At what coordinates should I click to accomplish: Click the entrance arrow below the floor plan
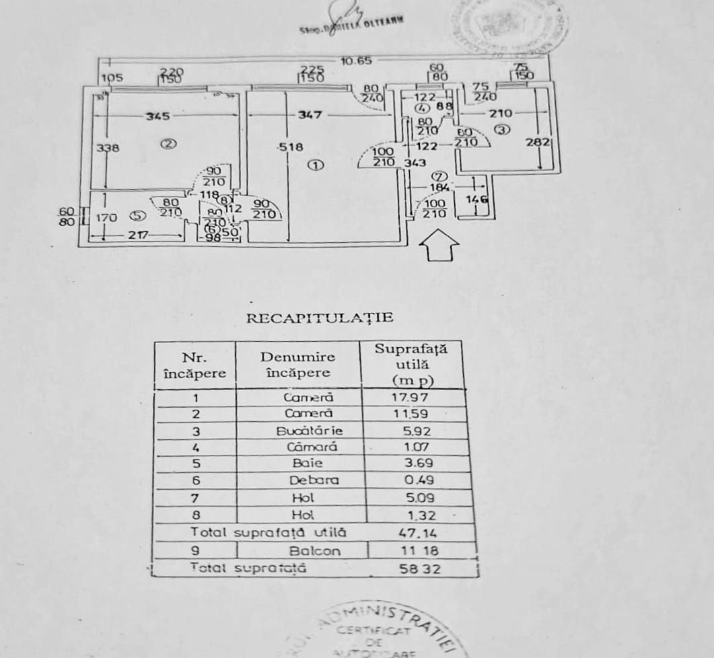(x=439, y=246)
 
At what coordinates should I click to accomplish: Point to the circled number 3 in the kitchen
(x=503, y=130)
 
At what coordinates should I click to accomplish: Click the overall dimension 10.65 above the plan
(x=356, y=61)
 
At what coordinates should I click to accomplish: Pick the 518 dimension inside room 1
(x=293, y=147)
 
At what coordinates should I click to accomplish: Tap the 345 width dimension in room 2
(x=157, y=116)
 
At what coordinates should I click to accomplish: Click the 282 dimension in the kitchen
(x=542, y=142)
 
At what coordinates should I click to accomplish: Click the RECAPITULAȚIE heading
(x=319, y=318)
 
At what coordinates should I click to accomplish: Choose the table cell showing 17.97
(x=410, y=397)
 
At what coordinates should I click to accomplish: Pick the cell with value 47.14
(x=416, y=533)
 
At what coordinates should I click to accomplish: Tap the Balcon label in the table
(x=314, y=550)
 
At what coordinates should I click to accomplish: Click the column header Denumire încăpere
(x=297, y=364)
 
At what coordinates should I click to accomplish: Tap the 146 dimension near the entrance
(x=476, y=199)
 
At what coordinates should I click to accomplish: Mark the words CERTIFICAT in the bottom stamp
(x=375, y=630)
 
